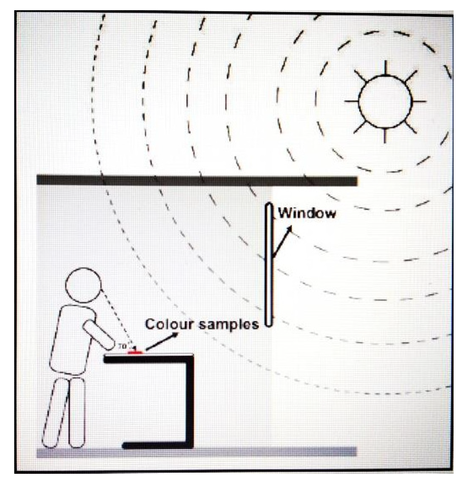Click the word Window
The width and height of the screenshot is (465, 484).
(x=307, y=213)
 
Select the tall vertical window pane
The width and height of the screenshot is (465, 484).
(x=269, y=264)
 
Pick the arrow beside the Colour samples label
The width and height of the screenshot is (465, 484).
(x=162, y=342)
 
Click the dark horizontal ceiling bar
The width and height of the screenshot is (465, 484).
(x=197, y=180)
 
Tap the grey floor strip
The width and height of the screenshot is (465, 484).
(x=197, y=452)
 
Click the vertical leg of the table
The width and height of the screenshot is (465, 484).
(x=189, y=402)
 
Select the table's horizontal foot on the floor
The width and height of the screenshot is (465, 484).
(x=155, y=446)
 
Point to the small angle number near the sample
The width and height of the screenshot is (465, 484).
(x=123, y=346)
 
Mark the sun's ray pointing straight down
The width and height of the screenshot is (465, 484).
(x=385, y=135)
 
